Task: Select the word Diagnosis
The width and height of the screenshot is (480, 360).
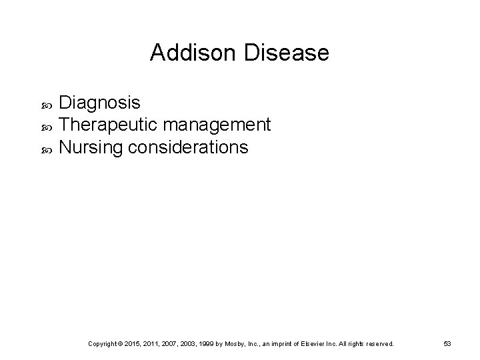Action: [99, 103]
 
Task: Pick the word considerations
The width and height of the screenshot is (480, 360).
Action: [188, 147]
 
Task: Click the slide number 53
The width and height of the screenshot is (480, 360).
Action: [447, 343]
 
